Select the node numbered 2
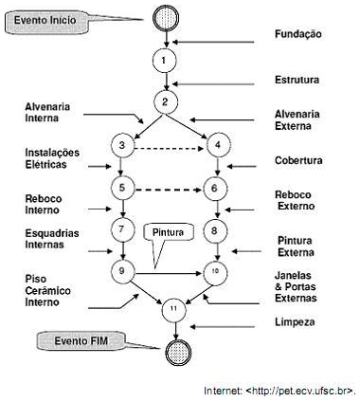167,101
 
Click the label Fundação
297,34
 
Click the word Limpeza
297,323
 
